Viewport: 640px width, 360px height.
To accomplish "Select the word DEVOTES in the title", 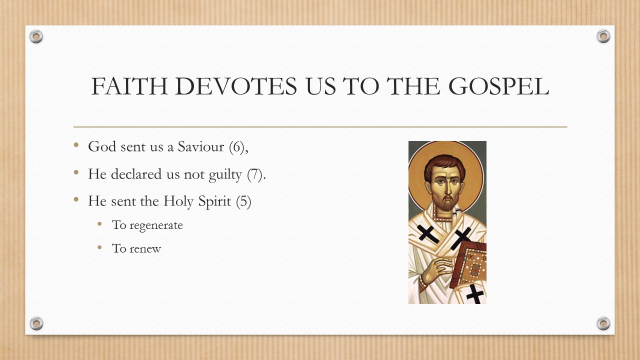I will [x=240, y=87].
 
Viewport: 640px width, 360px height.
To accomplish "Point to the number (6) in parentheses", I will [x=238, y=146].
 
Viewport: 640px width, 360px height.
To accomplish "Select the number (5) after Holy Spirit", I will [x=243, y=201].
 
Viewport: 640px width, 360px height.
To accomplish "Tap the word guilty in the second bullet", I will [x=227, y=174].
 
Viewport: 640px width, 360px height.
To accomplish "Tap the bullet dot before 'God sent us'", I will [x=76, y=145].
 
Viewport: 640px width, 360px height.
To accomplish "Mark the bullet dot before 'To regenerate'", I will [x=100, y=224].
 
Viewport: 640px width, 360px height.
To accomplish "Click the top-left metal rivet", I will [x=36, y=36].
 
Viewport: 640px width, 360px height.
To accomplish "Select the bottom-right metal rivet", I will [x=603, y=323].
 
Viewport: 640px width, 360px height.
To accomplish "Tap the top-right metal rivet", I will [x=603, y=36].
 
